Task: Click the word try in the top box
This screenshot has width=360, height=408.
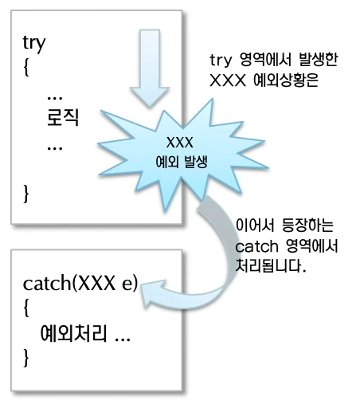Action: (34, 44)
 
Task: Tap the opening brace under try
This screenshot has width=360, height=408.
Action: (26, 67)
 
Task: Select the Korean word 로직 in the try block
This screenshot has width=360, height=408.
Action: (63, 117)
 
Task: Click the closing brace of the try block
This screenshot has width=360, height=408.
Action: (26, 194)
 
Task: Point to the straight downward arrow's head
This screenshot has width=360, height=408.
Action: (150, 97)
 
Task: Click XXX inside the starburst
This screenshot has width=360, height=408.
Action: (180, 143)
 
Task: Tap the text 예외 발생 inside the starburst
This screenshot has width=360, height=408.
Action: (182, 162)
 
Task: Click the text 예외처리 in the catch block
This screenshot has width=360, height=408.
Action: (73, 333)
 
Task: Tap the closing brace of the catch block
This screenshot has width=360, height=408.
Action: (26, 358)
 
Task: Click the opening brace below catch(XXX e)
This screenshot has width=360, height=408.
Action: (26, 308)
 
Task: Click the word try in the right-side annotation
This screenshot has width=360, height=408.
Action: (221, 61)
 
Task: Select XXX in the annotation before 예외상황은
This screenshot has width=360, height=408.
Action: (228, 80)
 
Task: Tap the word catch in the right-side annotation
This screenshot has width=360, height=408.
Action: (256, 247)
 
